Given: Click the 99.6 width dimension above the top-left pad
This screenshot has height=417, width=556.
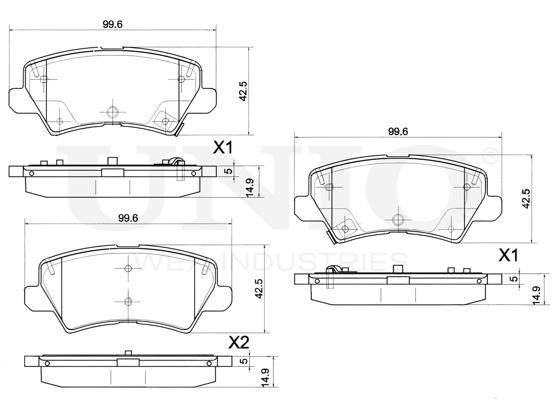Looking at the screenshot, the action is point(113,25).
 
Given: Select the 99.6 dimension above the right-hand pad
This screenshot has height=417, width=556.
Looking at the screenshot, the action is point(398,132).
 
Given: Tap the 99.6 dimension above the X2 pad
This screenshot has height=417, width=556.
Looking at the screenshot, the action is point(128,218).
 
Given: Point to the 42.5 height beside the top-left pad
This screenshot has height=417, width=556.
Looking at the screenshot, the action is point(243,91).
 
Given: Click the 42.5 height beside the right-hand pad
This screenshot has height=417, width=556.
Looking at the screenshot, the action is point(526,199).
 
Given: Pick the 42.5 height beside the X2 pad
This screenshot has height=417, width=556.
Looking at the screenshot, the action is point(259,288).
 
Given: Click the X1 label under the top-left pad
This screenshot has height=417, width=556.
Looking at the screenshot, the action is point(222,148).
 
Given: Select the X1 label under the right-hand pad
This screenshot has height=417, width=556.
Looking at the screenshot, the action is point(508,255).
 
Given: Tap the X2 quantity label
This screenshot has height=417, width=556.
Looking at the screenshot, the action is point(239,343).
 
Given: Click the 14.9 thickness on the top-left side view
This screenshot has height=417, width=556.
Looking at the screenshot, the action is point(249,188).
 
